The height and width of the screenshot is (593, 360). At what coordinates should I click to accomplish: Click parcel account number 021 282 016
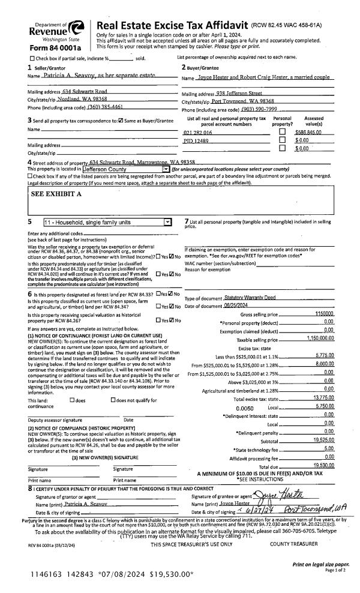(x=198, y=131)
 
